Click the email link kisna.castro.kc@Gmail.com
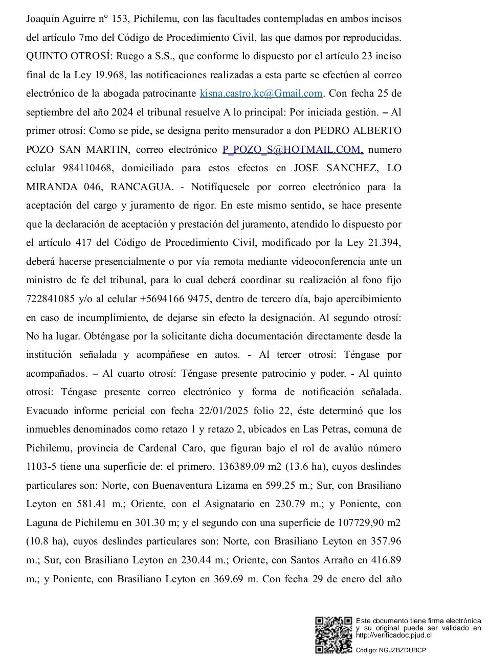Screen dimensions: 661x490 (x=261, y=94)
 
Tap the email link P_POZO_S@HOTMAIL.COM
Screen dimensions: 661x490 (x=293, y=150)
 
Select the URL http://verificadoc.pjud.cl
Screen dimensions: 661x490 (x=394, y=635)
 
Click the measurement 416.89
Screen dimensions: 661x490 (x=388, y=560)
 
